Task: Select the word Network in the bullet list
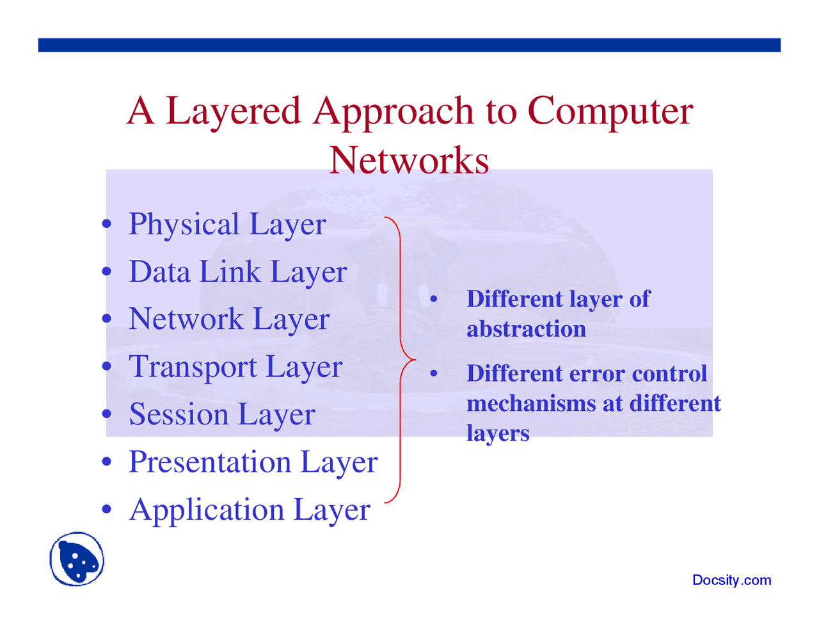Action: click(x=186, y=319)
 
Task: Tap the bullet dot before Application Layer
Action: click(x=107, y=510)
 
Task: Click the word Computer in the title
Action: click(x=610, y=110)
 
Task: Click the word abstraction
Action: click(x=526, y=329)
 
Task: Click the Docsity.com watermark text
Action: click(x=731, y=580)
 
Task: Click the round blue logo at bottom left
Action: click(x=77, y=559)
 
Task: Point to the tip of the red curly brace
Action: click(x=415, y=359)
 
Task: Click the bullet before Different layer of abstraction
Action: click(x=433, y=300)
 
